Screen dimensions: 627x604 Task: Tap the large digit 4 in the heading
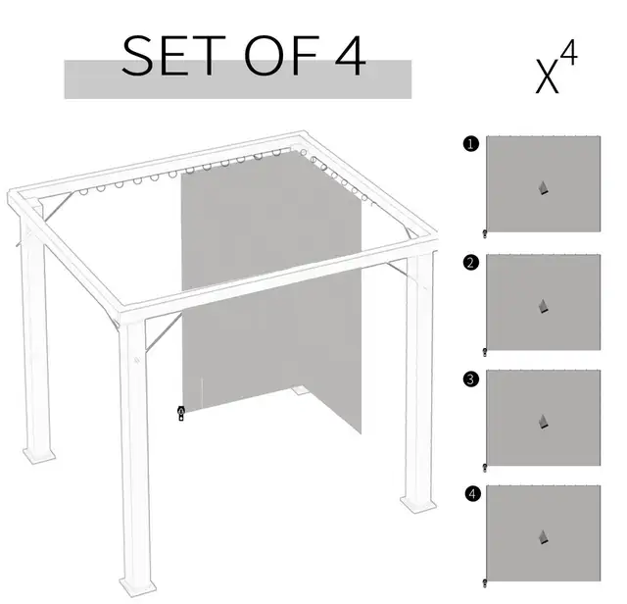coord(351,56)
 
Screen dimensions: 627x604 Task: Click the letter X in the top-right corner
coord(547,76)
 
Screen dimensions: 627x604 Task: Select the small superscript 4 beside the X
coord(568,52)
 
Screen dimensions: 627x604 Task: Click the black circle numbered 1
coord(470,144)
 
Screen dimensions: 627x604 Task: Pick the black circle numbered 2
coord(470,263)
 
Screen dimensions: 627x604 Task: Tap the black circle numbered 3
coord(471,378)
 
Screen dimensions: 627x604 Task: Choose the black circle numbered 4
coord(472,493)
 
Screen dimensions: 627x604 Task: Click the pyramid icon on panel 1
coord(543,188)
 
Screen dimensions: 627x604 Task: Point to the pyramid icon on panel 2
coord(543,306)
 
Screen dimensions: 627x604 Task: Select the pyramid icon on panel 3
coord(543,422)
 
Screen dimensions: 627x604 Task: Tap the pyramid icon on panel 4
coord(543,537)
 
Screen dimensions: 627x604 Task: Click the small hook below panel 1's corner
coord(485,234)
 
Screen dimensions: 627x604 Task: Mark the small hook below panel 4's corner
coord(485,583)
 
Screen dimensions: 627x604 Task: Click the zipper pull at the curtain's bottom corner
coord(181,414)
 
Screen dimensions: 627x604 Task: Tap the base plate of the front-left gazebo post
coord(137,587)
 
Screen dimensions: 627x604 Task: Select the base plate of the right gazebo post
coord(418,504)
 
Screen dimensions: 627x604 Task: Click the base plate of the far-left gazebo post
coord(39,455)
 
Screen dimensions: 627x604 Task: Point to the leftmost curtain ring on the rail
coord(83,192)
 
